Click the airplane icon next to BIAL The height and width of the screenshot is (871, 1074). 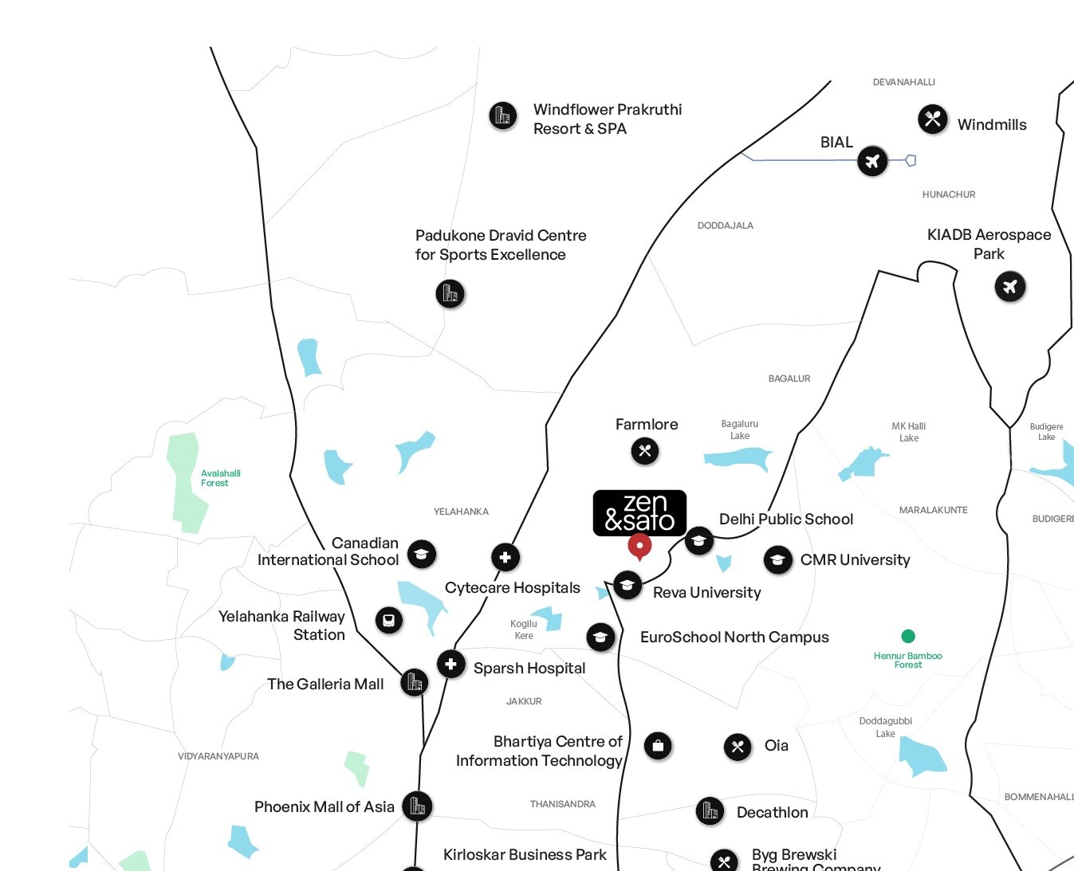pos(872,162)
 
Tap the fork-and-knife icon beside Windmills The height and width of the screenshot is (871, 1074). pos(932,120)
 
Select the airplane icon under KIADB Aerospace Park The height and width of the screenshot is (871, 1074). pos(1009,286)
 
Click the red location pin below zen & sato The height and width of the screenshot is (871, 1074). pos(639,547)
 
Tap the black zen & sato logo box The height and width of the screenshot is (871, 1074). pos(639,512)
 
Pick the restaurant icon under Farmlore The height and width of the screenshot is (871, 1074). pos(645,451)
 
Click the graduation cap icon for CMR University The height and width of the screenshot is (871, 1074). pos(777,560)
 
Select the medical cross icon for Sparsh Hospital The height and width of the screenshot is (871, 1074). pos(450,664)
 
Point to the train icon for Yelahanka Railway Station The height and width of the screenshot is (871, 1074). pos(388,620)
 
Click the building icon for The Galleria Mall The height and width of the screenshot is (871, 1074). pos(414,682)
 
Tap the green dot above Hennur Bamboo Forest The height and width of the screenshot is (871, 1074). pos(907,636)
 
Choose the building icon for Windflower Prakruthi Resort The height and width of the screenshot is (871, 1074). pos(502,116)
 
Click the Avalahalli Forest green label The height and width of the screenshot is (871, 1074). pos(220,478)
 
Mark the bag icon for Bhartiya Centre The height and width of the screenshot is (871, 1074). pos(658,746)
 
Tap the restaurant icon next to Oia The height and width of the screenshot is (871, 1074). pos(738,747)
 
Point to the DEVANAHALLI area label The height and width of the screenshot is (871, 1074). pos(903,82)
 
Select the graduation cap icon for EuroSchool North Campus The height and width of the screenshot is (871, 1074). pos(600,637)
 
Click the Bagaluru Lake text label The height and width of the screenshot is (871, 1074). pos(740,430)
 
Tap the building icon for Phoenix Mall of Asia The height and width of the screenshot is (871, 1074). pos(417,806)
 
